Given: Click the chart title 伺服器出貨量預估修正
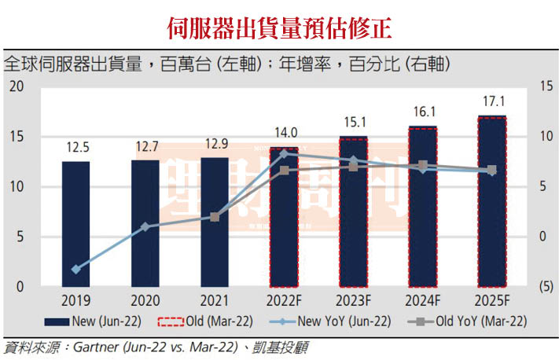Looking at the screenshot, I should [280, 27].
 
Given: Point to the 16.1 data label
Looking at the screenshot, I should [423, 112].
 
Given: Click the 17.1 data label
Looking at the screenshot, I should [491, 102].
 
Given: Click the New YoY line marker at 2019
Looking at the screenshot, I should [76, 270].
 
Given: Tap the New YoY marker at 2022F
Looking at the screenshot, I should [284, 153].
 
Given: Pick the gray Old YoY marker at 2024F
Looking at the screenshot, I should [423, 166].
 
